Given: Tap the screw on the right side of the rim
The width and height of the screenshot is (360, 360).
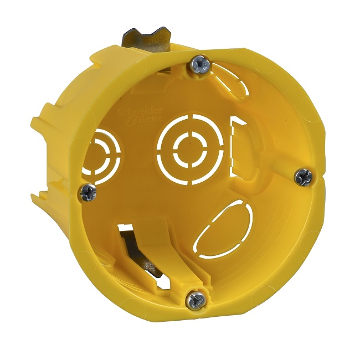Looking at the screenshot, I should click(x=303, y=177).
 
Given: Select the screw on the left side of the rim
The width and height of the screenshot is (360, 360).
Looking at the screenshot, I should click(x=88, y=192).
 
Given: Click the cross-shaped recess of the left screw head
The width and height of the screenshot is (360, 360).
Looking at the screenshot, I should click(x=88, y=192).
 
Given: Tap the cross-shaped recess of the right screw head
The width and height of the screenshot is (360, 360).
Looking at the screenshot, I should click(x=303, y=177).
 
